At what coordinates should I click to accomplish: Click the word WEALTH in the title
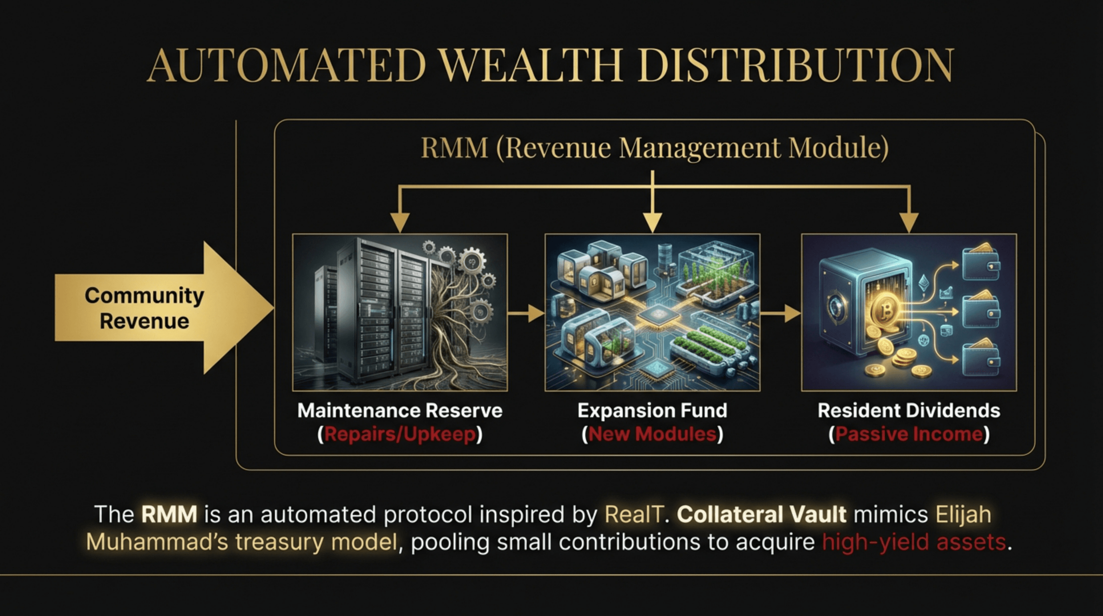coord(531,65)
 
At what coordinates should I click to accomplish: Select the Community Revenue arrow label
coord(144,308)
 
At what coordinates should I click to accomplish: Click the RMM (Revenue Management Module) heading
coord(655,148)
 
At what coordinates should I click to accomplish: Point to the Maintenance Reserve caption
coord(400,410)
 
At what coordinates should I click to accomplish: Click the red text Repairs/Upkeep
coord(400,434)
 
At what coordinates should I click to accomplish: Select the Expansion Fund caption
coord(652,410)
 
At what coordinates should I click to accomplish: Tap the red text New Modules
coord(652,434)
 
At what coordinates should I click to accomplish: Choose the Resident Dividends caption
coord(909,410)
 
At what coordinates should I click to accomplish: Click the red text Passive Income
coord(909,434)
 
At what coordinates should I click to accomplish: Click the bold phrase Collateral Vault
coord(761,515)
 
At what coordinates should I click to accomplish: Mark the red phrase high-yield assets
coord(913,542)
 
